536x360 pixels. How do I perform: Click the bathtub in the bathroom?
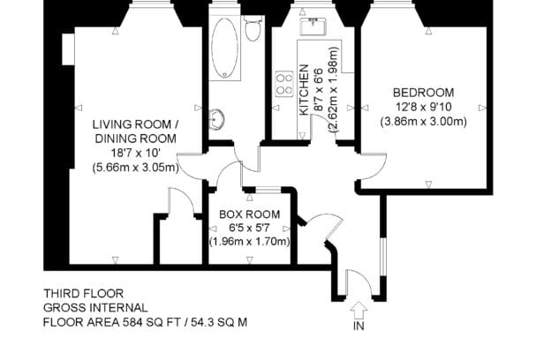(x=224, y=48)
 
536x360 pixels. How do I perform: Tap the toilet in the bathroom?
(x=253, y=28)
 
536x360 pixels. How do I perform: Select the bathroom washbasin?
(x=216, y=119)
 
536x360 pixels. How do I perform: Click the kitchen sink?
(x=313, y=26)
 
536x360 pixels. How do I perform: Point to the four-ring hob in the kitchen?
(x=284, y=84)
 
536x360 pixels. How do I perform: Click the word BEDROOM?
(x=423, y=93)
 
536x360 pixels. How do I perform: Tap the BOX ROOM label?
(x=250, y=214)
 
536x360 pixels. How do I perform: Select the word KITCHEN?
(x=304, y=90)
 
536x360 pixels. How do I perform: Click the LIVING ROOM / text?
(x=136, y=124)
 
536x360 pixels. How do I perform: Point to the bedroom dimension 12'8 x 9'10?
(x=423, y=107)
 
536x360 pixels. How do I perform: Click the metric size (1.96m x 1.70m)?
(x=250, y=242)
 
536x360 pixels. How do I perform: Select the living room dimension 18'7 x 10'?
(x=136, y=153)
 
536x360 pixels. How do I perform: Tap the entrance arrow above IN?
(x=359, y=311)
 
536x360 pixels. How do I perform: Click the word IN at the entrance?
(x=359, y=326)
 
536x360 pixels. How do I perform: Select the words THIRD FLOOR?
(x=83, y=294)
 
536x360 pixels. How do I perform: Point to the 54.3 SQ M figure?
(x=219, y=322)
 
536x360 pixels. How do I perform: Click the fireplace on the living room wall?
(x=68, y=49)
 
